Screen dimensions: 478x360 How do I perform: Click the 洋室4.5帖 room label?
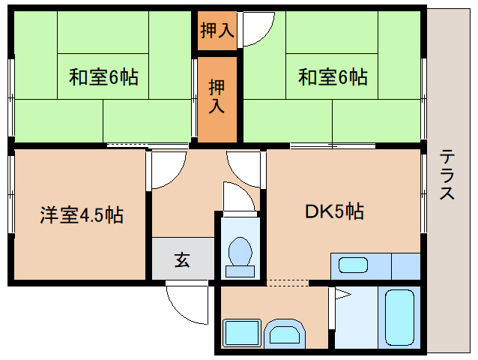click(82, 215)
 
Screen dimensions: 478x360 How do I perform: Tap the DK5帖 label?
click(334, 211)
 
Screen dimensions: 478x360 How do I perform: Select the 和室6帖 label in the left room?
click(103, 77)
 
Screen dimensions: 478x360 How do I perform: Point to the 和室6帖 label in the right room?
click(333, 77)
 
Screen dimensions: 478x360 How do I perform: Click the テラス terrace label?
click(447, 174)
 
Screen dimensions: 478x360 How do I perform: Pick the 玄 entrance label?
click(182, 259)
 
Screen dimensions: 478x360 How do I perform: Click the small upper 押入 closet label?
click(217, 30)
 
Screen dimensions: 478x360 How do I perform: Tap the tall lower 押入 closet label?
click(217, 96)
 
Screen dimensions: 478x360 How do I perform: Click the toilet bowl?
click(240, 251)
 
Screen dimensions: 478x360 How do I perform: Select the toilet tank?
click(240, 271)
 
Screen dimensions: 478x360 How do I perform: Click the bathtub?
click(399, 317)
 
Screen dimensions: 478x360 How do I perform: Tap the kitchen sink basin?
click(353, 265)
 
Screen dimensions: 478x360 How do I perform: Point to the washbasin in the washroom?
click(285, 334)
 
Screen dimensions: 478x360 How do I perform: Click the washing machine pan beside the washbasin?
click(242, 333)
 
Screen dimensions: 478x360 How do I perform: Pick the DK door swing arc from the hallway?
click(237, 175)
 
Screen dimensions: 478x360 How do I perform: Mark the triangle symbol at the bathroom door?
click(342, 295)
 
